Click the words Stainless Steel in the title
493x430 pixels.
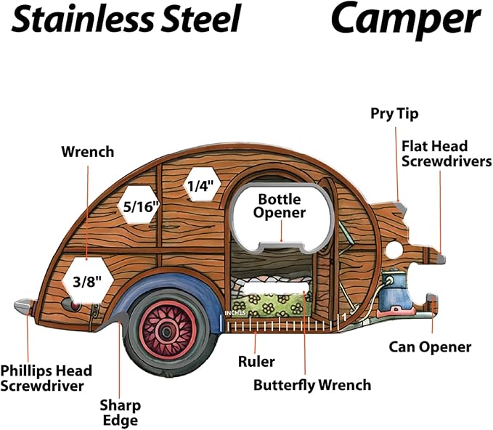pyautogui.click(x=126, y=20)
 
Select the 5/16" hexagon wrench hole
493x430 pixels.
pyautogui.click(x=140, y=207)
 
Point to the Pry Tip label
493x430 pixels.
pyautogui.click(x=394, y=113)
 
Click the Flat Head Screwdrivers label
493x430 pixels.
pyautogui.click(x=445, y=154)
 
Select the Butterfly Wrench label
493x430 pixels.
pyautogui.click(x=311, y=385)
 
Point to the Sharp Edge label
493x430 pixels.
pyautogui.click(x=121, y=412)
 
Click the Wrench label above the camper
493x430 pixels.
pyautogui.click(x=87, y=152)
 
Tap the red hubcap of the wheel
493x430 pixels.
pyautogui.click(x=166, y=331)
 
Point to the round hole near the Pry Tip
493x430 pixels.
pyautogui.click(x=393, y=249)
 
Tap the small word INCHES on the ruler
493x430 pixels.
pyautogui.click(x=235, y=313)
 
